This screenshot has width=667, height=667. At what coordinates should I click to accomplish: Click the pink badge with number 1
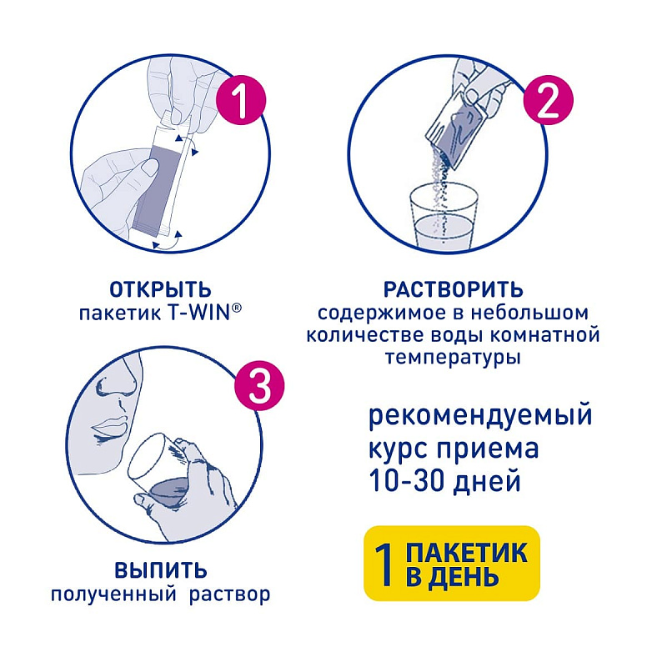pos(241,100)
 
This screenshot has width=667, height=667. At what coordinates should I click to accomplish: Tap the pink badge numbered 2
pos(548,100)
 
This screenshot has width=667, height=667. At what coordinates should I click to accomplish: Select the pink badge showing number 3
pos(259,385)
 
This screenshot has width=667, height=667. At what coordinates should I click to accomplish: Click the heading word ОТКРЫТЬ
pos(160,290)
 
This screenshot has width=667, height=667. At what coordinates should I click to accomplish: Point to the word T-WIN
pos(203,313)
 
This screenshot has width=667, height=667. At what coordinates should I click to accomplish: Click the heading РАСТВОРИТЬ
pos(453,290)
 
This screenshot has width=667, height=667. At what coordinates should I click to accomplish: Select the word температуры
pos(453,358)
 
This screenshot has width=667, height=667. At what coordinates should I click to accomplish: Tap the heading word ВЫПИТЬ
pos(161,570)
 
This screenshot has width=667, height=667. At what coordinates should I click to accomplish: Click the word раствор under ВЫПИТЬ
pos(230,594)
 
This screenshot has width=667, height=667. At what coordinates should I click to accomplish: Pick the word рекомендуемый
pos(480,415)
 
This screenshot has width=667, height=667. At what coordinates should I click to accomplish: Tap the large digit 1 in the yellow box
pos(385,564)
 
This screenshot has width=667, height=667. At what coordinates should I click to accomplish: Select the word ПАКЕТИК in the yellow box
pos(467,552)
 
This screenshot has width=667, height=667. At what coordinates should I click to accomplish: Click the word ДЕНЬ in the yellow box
pos(463,577)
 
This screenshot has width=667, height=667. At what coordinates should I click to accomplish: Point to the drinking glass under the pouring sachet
pos(444,216)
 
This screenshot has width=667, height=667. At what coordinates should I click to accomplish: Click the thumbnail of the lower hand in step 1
pos(150,166)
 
